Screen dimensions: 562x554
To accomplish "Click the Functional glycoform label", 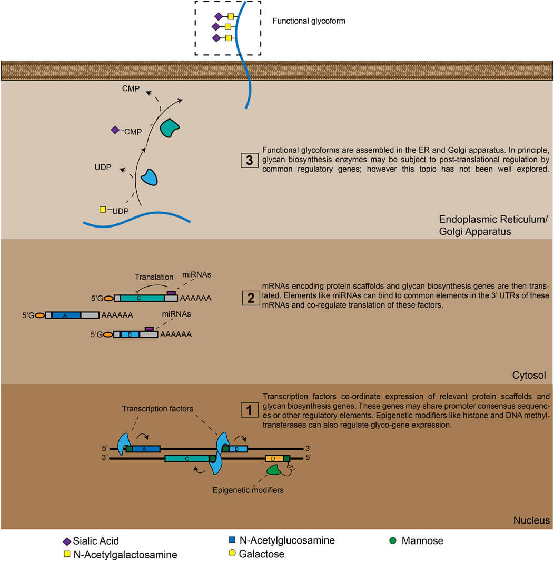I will (308, 22).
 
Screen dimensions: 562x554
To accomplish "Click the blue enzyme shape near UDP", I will (149, 178).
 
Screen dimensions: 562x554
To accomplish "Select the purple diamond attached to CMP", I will (115, 130).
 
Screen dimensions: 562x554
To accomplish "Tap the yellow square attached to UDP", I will (103, 210).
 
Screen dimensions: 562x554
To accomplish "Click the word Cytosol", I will (528, 376).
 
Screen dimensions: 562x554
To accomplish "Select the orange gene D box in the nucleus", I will (274, 459).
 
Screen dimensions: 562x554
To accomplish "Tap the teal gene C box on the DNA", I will (187, 459).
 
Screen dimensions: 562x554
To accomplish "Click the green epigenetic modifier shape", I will (273, 470).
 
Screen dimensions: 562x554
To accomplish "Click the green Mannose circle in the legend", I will (393, 540).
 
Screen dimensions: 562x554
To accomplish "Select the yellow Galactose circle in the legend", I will (232, 554).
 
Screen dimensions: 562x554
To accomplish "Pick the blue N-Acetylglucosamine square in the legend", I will (232, 540).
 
